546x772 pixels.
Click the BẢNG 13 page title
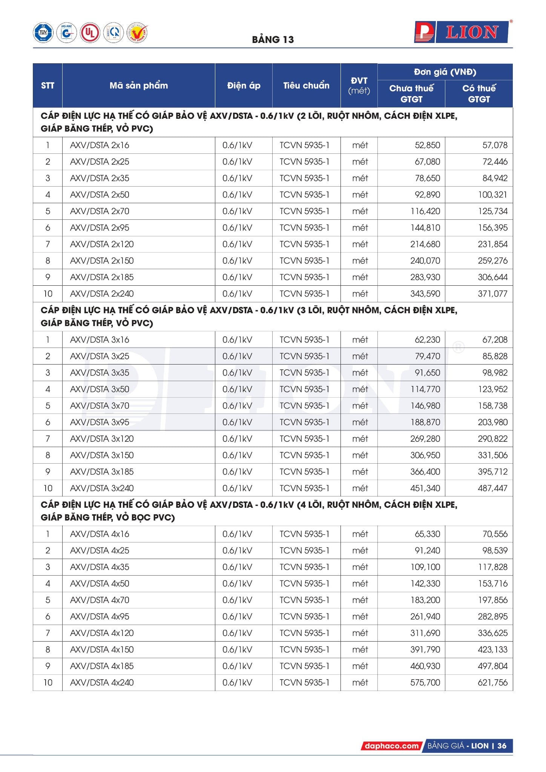[x=273, y=40]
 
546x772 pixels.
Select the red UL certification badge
[x=90, y=33]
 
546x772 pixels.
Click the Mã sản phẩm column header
[x=138, y=86]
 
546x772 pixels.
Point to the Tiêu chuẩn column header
[x=306, y=86]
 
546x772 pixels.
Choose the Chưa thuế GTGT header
[x=411, y=93]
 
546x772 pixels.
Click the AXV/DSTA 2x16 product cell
[x=100, y=145]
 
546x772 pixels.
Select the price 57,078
[x=495, y=145]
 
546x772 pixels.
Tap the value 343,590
[x=425, y=294]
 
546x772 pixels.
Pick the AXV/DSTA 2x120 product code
[x=102, y=244]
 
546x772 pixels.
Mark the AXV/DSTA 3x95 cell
[x=100, y=422]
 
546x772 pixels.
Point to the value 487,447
[x=492, y=488]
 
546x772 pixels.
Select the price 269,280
[x=425, y=439]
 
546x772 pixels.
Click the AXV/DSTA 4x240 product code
[x=102, y=682]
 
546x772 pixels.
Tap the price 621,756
[x=492, y=682]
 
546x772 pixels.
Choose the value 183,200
[x=425, y=600]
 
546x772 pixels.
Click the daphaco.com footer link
[x=391, y=746]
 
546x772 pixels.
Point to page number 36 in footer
[x=502, y=746]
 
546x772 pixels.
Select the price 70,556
[x=495, y=534]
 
